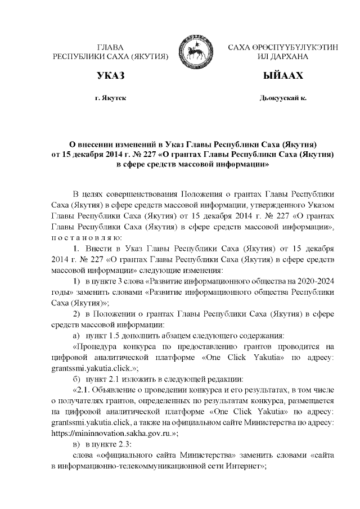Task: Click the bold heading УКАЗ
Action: [110, 75]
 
